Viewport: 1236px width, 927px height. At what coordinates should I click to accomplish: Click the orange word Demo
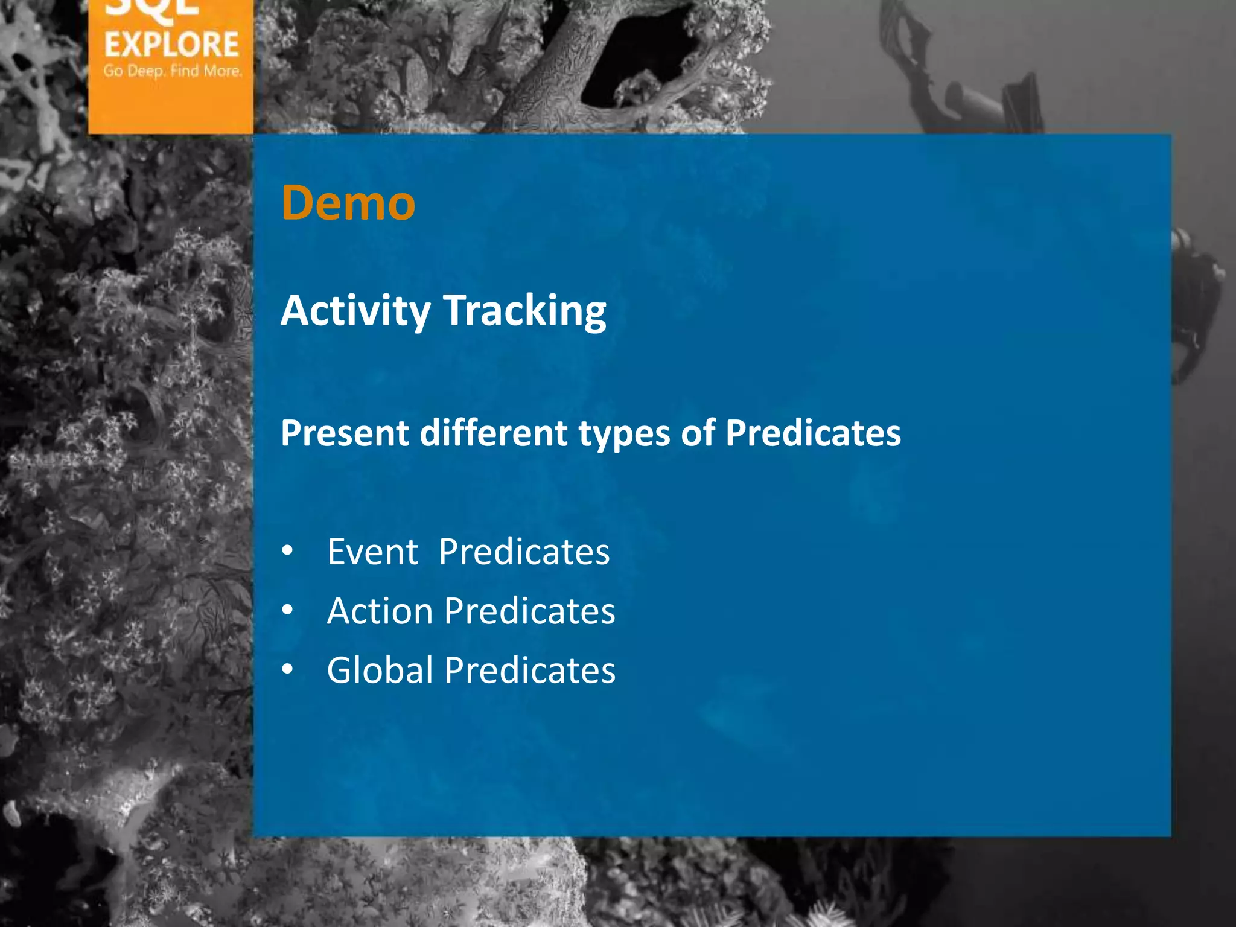[x=348, y=203]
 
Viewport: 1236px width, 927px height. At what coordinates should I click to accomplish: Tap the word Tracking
[x=524, y=311]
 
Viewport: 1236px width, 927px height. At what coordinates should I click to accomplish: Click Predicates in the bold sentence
[x=812, y=433]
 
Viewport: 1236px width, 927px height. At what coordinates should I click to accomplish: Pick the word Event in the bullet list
[x=372, y=552]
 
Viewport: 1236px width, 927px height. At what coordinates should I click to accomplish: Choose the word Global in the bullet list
[x=380, y=670]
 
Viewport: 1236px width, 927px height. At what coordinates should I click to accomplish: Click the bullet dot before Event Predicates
[x=288, y=550]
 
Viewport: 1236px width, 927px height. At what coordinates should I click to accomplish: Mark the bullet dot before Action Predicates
[x=288, y=610]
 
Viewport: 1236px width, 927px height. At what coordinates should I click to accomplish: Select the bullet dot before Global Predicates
[x=288, y=669]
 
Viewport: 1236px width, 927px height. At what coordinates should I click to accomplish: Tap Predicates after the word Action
[x=530, y=611]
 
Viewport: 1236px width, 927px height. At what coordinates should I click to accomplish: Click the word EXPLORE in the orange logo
[x=171, y=45]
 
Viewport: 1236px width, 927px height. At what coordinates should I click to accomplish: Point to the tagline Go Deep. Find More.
[x=172, y=71]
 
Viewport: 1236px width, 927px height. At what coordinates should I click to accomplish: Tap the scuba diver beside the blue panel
[x=1198, y=302]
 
